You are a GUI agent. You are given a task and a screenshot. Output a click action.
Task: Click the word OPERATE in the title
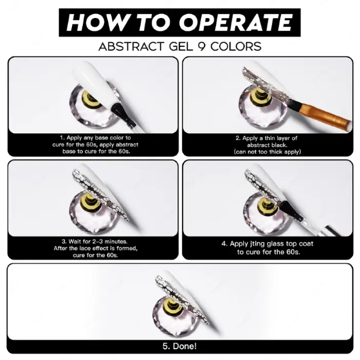(236, 22)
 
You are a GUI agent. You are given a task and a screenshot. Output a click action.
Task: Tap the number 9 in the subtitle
(202, 46)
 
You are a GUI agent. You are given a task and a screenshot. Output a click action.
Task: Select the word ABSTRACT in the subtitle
(131, 46)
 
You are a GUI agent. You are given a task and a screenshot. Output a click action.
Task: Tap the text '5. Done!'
(179, 346)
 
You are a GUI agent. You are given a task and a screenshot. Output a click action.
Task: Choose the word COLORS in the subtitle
(236, 46)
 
